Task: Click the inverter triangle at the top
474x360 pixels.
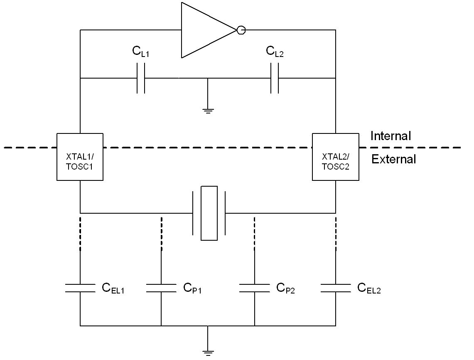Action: tap(209, 30)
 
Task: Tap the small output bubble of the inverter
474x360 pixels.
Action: tap(241, 30)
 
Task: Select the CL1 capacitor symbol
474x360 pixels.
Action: tap(140, 78)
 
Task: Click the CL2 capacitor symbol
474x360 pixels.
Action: tap(275, 78)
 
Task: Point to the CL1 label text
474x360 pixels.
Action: tap(140, 52)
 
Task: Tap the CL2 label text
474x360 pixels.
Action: tap(275, 52)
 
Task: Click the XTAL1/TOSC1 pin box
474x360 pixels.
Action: tap(80, 157)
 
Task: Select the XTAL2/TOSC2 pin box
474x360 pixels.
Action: tap(336, 157)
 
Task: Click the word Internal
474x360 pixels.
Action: tap(390, 136)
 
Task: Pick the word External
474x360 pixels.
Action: tap(393, 159)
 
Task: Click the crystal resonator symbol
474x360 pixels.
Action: tap(209, 213)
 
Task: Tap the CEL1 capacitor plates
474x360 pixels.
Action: tap(80, 288)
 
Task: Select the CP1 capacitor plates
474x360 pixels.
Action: tap(161, 288)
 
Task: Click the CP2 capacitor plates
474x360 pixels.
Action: tap(255, 288)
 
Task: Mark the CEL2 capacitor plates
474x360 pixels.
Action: tap(336, 288)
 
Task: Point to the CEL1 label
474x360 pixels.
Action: tap(113, 288)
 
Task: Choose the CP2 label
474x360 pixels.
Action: tap(285, 288)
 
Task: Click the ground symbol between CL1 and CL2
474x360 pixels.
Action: tap(208, 111)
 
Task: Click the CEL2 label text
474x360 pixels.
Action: tap(369, 288)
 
